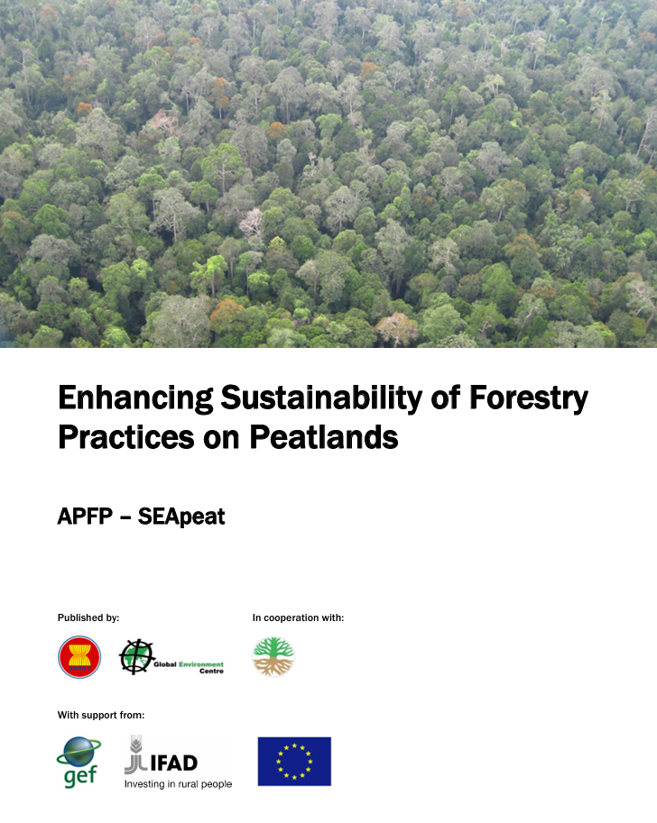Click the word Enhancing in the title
coord(135,399)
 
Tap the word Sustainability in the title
coord(321,399)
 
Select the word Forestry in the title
coord(528,399)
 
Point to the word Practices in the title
coord(126,436)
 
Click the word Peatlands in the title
coord(324,436)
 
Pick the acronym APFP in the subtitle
coord(85,517)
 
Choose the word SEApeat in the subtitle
coord(181,517)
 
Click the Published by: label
coord(88,617)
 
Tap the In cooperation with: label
coord(298,617)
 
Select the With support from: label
coord(101,715)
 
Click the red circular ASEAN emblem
coord(79,657)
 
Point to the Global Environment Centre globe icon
coord(136,656)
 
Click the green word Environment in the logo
coord(201,664)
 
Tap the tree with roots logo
coord(273,656)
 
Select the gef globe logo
coord(79,762)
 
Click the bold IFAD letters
coord(174,763)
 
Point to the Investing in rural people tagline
coord(178,784)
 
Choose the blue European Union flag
coord(294,762)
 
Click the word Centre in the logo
coord(211,672)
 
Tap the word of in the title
coord(446,398)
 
